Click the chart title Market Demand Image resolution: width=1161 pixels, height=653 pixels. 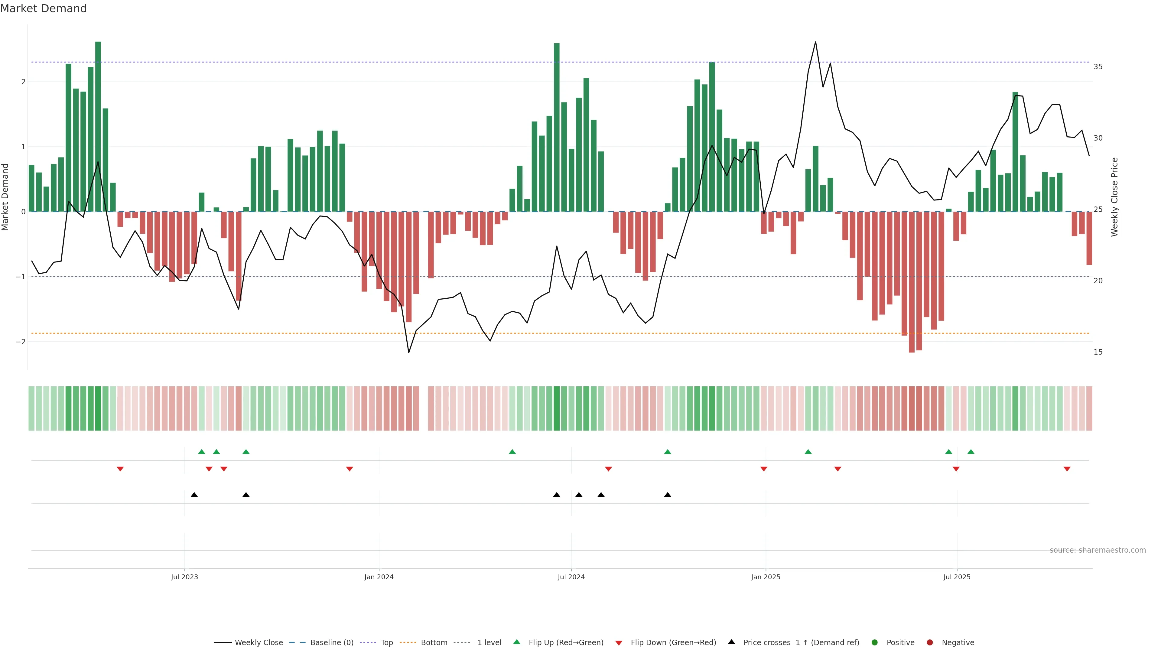(x=43, y=8)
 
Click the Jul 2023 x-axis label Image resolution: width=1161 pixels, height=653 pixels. (x=184, y=577)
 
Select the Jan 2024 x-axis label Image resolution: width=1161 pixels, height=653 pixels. (x=379, y=577)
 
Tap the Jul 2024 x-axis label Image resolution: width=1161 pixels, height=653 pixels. (x=571, y=577)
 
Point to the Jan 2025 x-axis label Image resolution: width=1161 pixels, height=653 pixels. (x=765, y=577)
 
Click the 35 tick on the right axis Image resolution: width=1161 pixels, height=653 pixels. (x=1098, y=67)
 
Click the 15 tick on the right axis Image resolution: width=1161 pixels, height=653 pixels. (x=1098, y=352)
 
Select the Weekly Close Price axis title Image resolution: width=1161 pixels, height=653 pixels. (x=1114, y=197)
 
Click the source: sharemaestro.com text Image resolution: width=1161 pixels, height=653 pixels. (x=1098, y=550)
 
